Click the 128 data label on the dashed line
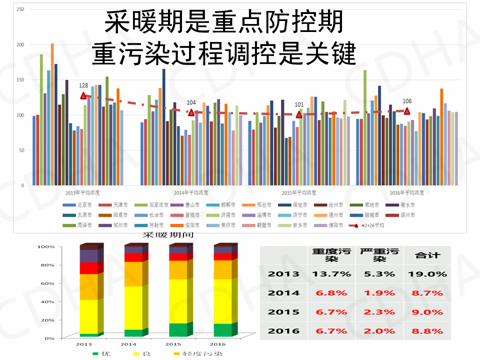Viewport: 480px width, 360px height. click(x=83, y=86)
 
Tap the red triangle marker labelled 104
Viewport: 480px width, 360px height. click(x=191, y=112)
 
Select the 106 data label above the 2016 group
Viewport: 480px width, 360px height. click(x=407, y=101)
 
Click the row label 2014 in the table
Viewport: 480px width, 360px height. click(x=283, y=293)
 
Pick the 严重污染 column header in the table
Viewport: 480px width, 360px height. click(x=378, y=255)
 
